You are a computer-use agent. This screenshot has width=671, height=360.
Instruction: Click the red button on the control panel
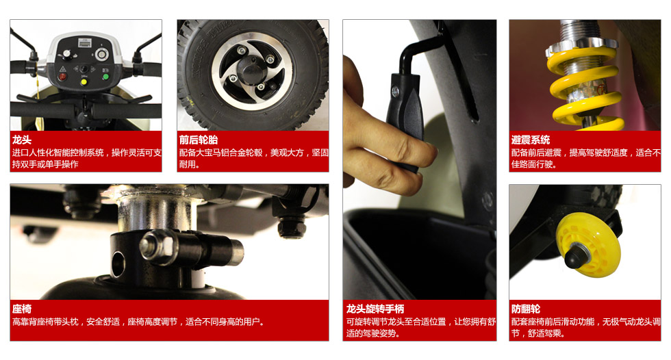pyautogui.click(x=62, y=77)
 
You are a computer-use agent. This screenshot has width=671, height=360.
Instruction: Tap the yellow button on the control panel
pyautogui.click(x=84, y=81)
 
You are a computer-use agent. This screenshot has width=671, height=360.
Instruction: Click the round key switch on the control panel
pyautogui.click(x=102, y=54)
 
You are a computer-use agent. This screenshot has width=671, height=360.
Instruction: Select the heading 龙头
pyautogui.click(x=21, y=140)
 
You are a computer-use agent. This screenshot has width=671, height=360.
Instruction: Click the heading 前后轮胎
pyautogui.click(x=198, y=140)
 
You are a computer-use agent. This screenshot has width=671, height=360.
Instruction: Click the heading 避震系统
pyautogui.click(x=531, y=140)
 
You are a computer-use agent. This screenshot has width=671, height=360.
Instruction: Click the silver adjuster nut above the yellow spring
pyautogui.click(x=581, y=46)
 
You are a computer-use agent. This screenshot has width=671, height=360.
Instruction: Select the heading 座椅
pyautogui.click(x=21, y=309)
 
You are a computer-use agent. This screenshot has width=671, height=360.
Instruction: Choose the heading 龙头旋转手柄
pyautogui.click(x=375, y=309)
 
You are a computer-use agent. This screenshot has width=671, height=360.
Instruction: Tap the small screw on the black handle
pyautogui.click(x=396, y=90)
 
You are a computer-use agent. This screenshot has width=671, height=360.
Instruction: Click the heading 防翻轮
pyautogui.click(x=526, y=309)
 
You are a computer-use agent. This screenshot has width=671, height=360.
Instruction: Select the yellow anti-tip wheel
pyautogui.click(x=588, y=245)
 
